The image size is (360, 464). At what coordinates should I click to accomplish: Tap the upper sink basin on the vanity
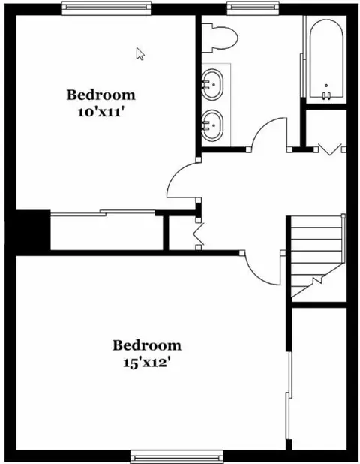(x=212, y=84)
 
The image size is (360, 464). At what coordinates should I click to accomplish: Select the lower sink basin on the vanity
(x=212, y=125)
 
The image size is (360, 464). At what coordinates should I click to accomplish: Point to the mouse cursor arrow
(x=140, y=54)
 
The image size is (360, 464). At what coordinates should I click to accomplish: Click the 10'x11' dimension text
(x=100, y=113)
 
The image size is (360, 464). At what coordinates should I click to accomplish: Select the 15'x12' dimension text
(x=147, y=363)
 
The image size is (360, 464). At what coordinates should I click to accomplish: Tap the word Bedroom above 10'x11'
(x=100, y=95)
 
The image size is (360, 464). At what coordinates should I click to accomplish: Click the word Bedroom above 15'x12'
(x=147, y=345)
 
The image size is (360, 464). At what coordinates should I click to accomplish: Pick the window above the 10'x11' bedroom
(x=106, y=8)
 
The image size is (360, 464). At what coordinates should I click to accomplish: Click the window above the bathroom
(x=253, y=8)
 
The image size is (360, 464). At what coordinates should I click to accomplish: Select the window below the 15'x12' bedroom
(x=177, y=456)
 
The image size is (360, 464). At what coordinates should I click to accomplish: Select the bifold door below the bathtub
(x=330, y=149)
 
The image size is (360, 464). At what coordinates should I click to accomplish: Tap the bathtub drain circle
(x=326, y=86)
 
